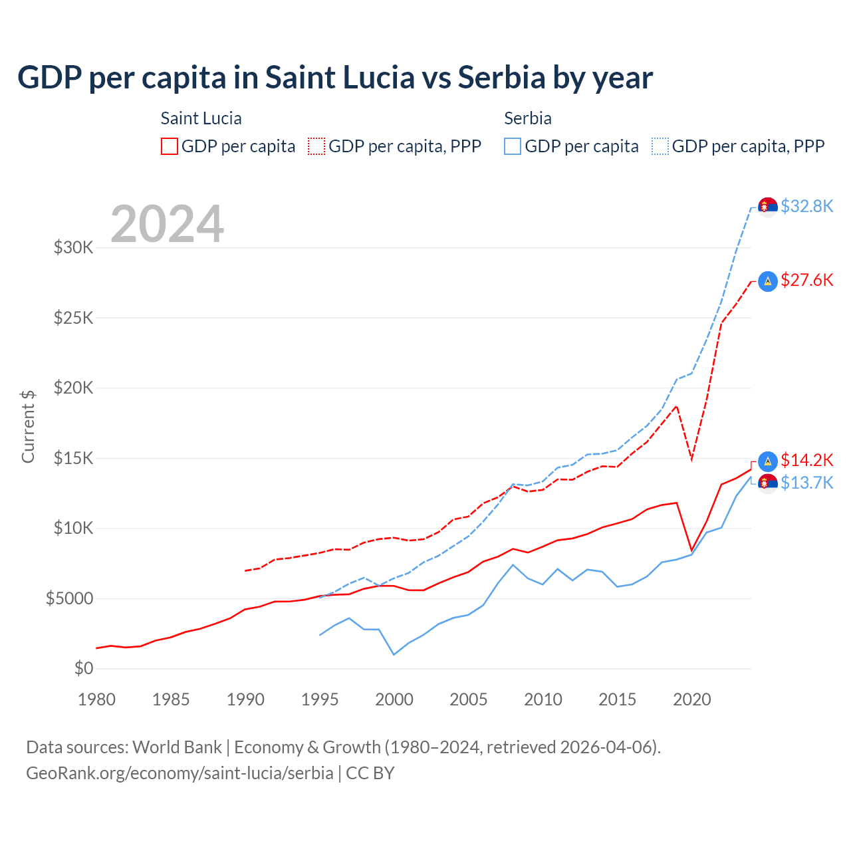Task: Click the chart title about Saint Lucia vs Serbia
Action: click(x=335, y=78)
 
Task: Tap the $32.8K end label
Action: click(x=806, y=207)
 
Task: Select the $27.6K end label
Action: click(x=806, y=281)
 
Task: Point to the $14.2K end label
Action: click(x=806, y=460)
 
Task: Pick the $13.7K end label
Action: click(x=806, y=483)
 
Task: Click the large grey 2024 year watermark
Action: click(x=167, y=224)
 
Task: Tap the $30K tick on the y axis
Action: click(x=74, y=248)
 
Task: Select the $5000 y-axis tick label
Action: click(x=70, y=598)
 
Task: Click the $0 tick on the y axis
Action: click(x=84, y=668)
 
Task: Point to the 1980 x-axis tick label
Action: click(x=97, y=699)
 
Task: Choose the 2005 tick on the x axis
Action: click(x=469, y=699)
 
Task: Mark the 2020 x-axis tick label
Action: click(x=692, y=699)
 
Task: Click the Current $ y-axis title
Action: click(x=28, y=427)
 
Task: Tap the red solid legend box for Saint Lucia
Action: click(x=170, y=146)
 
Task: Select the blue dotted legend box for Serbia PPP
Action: click(x=660, y=146)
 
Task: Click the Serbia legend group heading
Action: click(x=528, y=118)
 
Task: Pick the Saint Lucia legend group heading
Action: click(x=201, y=118)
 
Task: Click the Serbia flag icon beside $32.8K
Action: click(x=768, y=207)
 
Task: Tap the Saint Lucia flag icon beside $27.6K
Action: click(x=768, y=281)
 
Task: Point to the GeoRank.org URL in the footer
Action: click(x=180, y=773)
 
